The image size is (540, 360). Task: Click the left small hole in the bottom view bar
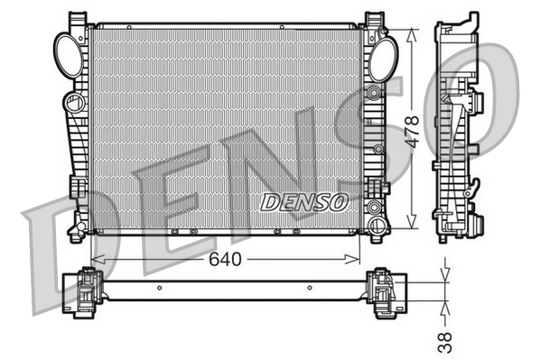pyautogui.click(x=158, y=289)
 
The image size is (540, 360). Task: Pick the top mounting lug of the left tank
pyautogui.click(x=81, y=20)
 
